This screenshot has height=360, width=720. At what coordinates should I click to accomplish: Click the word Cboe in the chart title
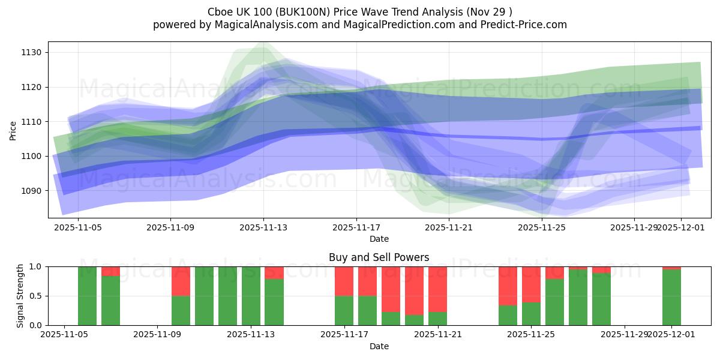tap(220, 12)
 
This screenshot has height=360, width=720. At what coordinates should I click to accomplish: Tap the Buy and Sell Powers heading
tap(379, 257)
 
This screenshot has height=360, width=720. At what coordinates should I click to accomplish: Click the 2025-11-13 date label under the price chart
tap(263, 228)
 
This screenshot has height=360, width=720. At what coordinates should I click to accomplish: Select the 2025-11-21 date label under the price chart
tap(449, 228)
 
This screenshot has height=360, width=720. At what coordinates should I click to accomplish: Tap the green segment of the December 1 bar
tap(671, 297)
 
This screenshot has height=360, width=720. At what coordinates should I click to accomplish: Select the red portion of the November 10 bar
tap(181, 281)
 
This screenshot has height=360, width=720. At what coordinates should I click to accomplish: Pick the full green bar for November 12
tap(227, 296)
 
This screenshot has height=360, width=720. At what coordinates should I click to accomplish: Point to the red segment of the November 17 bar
tap(344, 281)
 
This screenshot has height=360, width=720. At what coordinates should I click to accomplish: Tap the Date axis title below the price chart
tap(379, 239)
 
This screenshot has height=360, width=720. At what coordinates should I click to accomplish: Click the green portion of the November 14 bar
tap(274, 302)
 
